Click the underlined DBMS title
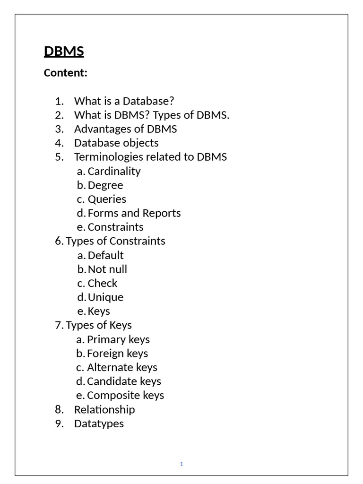64,51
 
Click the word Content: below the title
66,73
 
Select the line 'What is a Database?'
124,101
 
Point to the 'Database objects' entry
116,143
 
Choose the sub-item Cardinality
114,171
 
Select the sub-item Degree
105,185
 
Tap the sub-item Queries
107,199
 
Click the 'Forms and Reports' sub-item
134,213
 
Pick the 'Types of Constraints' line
115,241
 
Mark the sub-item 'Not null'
107,269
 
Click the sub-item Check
103,283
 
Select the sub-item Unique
105,297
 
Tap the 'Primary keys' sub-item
118,339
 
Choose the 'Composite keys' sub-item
125,395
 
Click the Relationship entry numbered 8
104,409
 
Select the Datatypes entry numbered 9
99,423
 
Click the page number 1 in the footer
181,464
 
